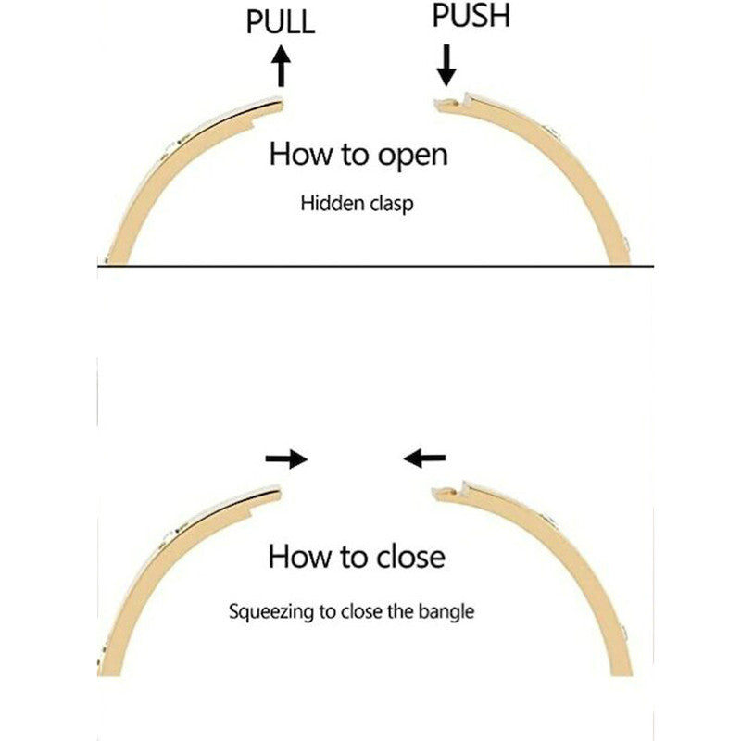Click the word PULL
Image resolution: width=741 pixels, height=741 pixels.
pyautogui.click(x=281, y=21)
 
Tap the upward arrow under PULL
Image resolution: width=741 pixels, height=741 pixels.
pyautogui.click(x=282, y=67)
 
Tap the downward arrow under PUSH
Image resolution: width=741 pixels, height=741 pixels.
pyautogui.click(x=446, y=63)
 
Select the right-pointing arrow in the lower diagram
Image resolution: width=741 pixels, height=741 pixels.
pyautogui.click(x=285, y=458)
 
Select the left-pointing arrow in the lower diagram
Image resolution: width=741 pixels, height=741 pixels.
pyautogui.click(x=424, y=457)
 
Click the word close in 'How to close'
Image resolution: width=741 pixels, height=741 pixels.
pyautogui.click(x=409, y=557)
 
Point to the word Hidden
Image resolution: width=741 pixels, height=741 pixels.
pyautogui.click(x=327, y=203)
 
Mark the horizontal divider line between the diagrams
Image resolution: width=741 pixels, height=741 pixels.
pyautogui.click(x=370, y=266)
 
